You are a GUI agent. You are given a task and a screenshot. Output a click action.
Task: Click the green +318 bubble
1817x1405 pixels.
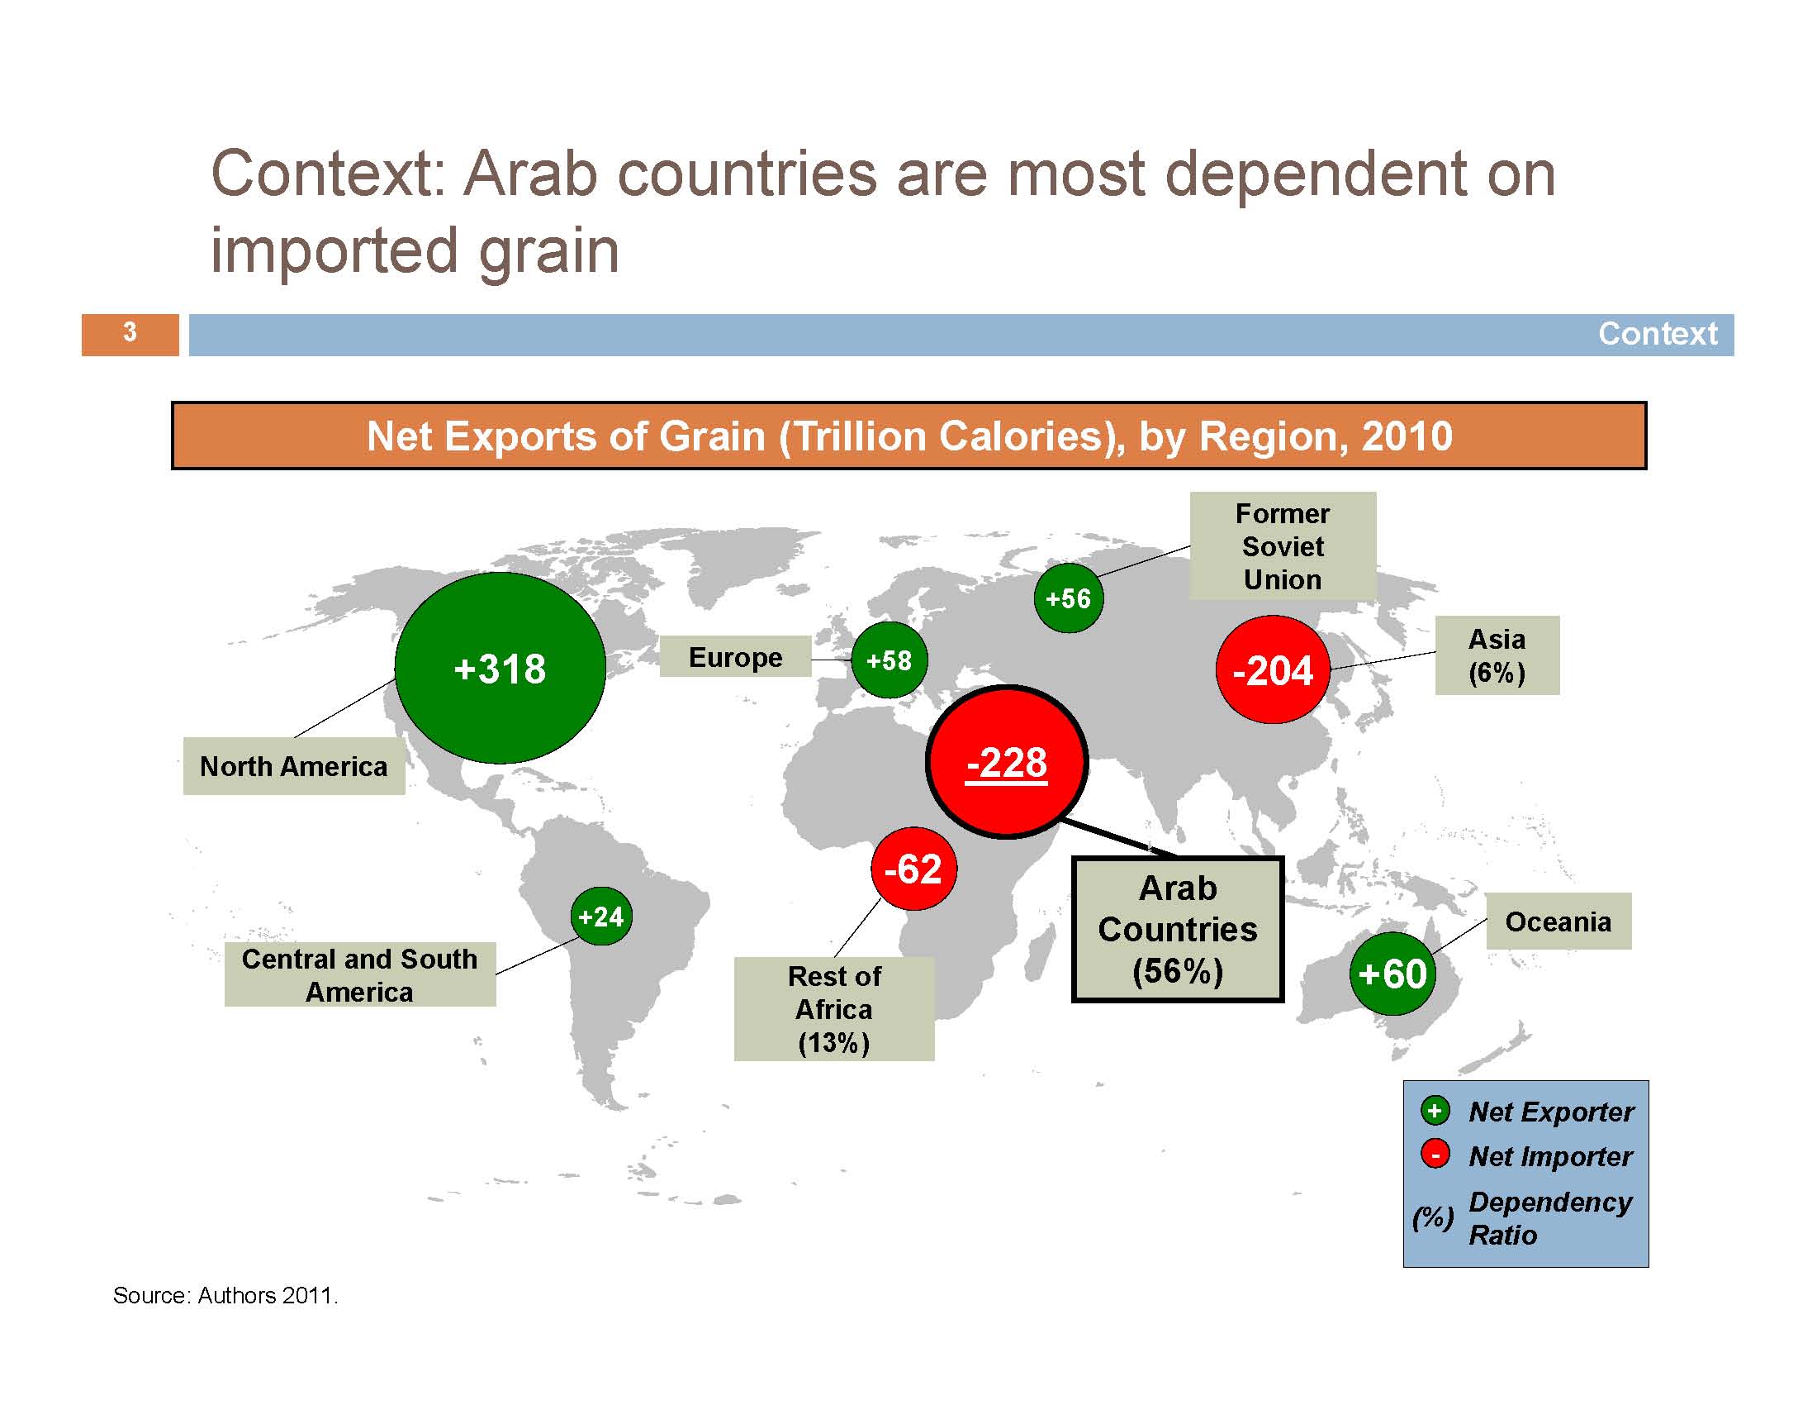pyautogui.click(x=500, y=668)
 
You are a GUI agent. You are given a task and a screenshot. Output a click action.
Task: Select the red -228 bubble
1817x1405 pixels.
pyautogui.click(x=1007, y=762)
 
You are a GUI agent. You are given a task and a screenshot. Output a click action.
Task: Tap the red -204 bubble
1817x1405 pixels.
pyautogui.click(x=1273, y=669)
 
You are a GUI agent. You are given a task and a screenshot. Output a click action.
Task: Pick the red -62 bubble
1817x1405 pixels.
pyautogui.click(x=913, y=869)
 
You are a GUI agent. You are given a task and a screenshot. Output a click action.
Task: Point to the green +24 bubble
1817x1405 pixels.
pyautogui.click(x=601, y=916)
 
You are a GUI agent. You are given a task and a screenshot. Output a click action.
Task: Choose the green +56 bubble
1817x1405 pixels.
pyautogui.click(x=1068, y=598)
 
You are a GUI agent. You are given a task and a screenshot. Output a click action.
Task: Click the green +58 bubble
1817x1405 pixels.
pyautogui.click(x=889, y=660)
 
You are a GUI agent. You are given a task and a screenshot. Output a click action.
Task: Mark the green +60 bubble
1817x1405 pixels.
pyautogui.click(x=1392, y=973)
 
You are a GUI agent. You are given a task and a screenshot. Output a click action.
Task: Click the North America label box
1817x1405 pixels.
pyautogui.click(x=294, y=766)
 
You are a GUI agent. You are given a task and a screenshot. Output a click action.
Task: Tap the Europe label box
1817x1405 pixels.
pyautogui.click(x=735, y=657)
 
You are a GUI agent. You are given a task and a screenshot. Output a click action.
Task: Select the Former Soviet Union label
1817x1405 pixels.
pyautogui.click(x=1283, y=546)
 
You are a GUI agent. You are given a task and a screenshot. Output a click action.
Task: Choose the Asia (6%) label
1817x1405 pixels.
pyautogui.click(x=1497, y=655)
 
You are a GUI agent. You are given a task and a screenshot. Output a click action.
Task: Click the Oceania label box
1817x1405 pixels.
pyautogui.click(x=1558, y=922)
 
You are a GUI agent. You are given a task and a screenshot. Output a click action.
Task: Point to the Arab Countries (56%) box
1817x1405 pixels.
pyautogui.click(x=1177, y=929)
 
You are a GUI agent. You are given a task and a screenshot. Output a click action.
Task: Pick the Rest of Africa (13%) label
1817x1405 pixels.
pyautogui.click(x=833, y=1009)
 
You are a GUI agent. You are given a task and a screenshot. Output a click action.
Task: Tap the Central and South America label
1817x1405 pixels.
pyautogui.click(x=360, y=974)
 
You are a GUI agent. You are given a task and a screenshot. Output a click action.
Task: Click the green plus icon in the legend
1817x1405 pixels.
pyautogui.click(x=1435, y=1110)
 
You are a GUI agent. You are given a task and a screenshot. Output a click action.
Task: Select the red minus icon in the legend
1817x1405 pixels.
pyautogui.click(x=1435, y=1155)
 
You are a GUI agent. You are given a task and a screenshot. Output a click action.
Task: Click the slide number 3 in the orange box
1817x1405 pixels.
pyautogui.click(x=130, y=332)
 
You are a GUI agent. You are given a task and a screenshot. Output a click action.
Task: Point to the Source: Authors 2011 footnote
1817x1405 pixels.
pyautogui.click(x=225, y=1295)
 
